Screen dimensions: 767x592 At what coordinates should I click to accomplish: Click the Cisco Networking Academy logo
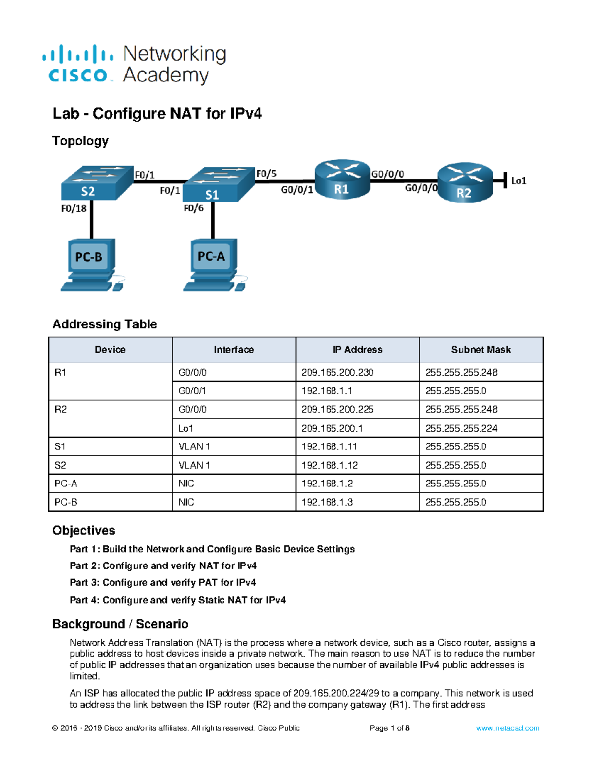point(134,65)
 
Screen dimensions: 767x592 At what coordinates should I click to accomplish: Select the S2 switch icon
point(97,183)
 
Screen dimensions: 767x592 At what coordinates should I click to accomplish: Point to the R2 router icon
point(465,183)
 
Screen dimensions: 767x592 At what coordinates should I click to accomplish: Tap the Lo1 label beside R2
point(518,181)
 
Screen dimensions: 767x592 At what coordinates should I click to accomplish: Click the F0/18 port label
point(74,208)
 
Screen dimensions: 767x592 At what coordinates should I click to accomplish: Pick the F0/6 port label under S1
point(193,208)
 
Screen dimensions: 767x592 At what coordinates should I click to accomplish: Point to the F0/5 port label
point(266,174)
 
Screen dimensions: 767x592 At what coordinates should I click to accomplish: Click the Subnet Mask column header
point(481,350)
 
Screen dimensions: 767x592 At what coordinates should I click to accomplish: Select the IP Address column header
point(357,350)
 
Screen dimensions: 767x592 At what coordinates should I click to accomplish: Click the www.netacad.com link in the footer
point(507,728)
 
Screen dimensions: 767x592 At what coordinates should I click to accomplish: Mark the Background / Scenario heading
point(120,624)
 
